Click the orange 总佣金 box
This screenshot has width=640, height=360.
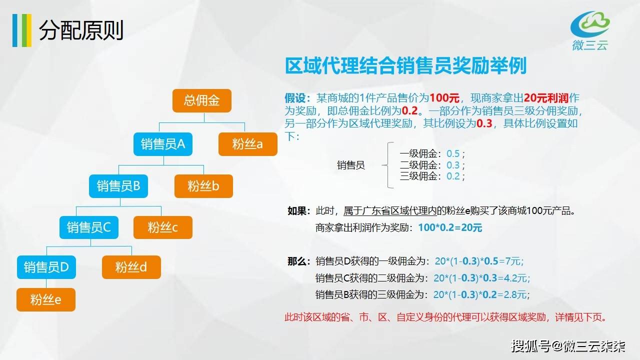[x=201, y=100]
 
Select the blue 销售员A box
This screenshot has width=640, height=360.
[x=163, y=144]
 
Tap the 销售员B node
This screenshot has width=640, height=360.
[x=118, y=186]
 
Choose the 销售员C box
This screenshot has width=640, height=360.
[x=89, y=227]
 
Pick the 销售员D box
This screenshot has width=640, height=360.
[x=46, y=267]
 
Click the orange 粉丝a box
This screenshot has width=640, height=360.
[x=247, y=144]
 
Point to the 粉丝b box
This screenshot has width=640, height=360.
[x=203, y=186]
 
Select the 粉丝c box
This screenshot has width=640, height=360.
[x=163, y=227]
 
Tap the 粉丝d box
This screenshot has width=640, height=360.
[x=131, y=267]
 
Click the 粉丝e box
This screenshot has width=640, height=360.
[x=46, y=299]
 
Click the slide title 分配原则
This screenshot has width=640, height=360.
[x=81, y=30]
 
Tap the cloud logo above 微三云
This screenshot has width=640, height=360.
[x=590, y=24]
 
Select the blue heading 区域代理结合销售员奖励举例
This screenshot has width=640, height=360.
[x=405, y=65]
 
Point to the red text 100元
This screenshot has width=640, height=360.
[x=444, y=98]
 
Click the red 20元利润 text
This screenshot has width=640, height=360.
[x=546, y=98]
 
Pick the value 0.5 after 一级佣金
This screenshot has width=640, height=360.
[x=453, y=153]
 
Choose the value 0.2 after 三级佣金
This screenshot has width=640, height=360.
[x=453, y=176]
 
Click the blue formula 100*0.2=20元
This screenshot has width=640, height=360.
[x=450, y=227]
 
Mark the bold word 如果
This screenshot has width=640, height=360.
[x=297, y=211]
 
